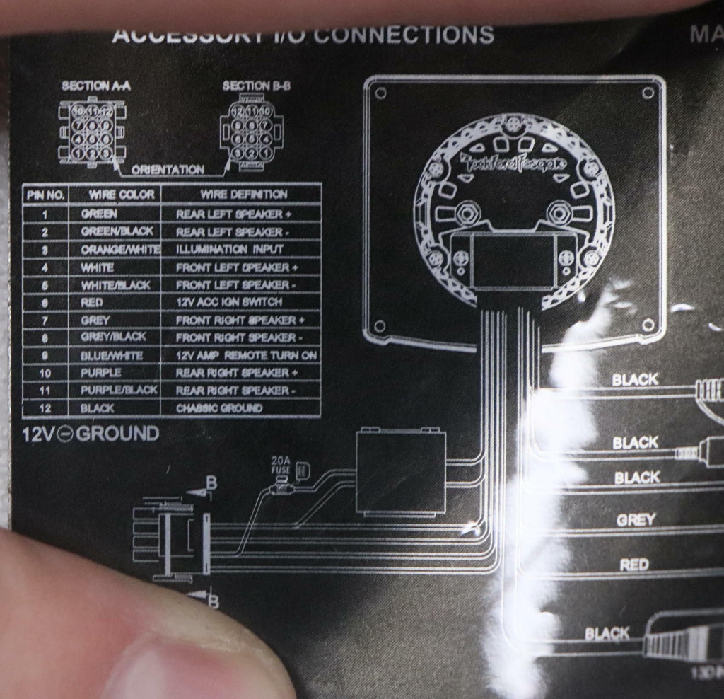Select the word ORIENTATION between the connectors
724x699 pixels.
[168, 170]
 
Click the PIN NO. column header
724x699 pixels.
[46, 194]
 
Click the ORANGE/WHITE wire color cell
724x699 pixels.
[121, 249]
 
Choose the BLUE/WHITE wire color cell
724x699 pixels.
[112, 355]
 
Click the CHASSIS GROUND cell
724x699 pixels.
[219, 408]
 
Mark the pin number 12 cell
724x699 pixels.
[46, 408]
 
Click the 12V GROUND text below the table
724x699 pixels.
[90, 434]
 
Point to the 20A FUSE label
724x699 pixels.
[281, 464]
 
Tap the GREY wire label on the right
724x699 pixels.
[636, 520]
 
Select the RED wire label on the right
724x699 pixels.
[634, 565]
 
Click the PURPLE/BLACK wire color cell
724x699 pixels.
[119, 391]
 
